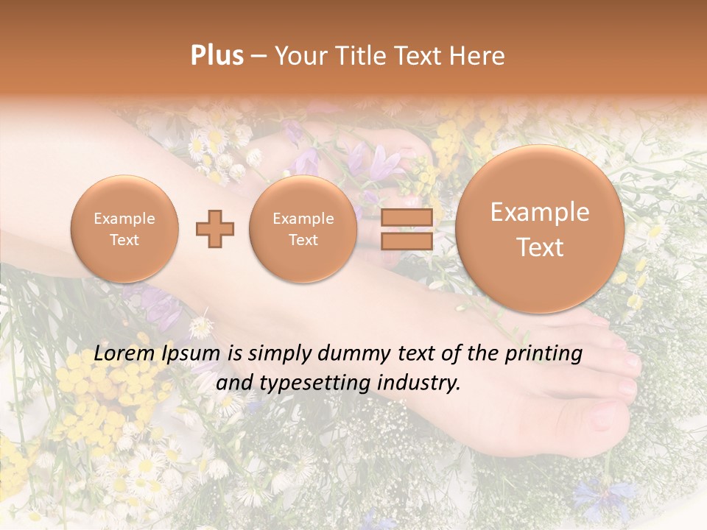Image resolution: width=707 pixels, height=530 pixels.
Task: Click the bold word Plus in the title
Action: [x=217, y=55]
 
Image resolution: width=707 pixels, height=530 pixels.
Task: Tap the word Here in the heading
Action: [x=479, y=56]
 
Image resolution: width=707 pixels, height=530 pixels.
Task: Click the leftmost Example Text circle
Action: [x=124, y=229]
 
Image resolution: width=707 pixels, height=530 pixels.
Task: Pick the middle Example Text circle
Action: [x=303, y=229]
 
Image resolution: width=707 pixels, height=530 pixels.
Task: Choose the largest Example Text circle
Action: [x=540, y=229]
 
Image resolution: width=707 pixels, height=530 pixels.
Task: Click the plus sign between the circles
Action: [x=215, y=229]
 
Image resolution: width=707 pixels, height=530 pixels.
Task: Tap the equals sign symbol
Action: [x=407, y=229]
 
